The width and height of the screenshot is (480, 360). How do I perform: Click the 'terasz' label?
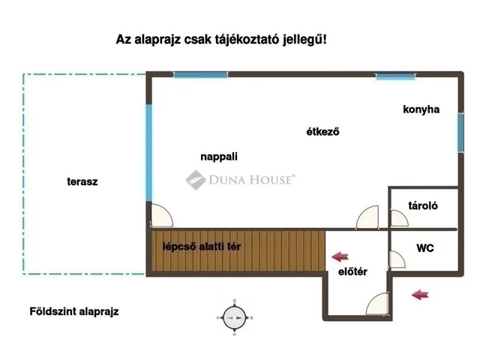tap(82, 181)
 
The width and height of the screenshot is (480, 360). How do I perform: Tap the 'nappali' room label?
tap(219, 157)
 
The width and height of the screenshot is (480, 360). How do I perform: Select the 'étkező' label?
tap(323, 133)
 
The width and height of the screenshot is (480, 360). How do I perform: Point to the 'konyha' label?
tap(421, 109)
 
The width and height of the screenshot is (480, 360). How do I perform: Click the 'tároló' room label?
tap(423, 205)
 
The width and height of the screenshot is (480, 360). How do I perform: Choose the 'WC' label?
tap(425, 248)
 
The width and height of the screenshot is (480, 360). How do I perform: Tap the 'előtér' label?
tap(352, 271)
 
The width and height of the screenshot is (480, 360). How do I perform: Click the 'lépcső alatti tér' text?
tap(202, 246)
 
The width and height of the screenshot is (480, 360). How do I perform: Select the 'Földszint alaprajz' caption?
tap(74, 310)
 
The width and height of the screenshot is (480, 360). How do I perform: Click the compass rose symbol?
tap(235, 317)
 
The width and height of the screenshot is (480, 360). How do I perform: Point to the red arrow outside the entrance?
tap(421, 295)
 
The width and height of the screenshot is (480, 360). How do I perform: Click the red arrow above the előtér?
tap(341, 256)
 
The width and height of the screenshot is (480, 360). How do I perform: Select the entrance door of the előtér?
tap(378, 303)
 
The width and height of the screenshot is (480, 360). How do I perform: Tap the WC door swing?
tap(396, 259)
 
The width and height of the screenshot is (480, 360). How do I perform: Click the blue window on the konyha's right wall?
tap(458, 132)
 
